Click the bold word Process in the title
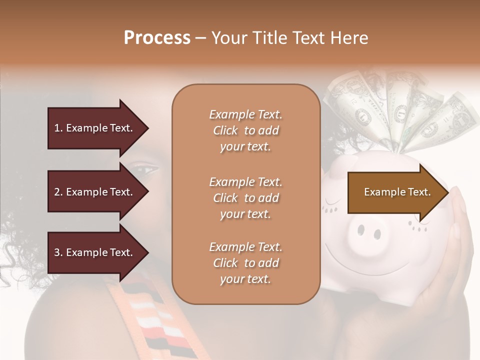(157, 37)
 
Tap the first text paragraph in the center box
(245, 130)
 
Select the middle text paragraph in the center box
(245, 197)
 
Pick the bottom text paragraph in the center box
(245, 263)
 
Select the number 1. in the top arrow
(58, 128)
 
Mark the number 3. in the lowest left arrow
(58, 252)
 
